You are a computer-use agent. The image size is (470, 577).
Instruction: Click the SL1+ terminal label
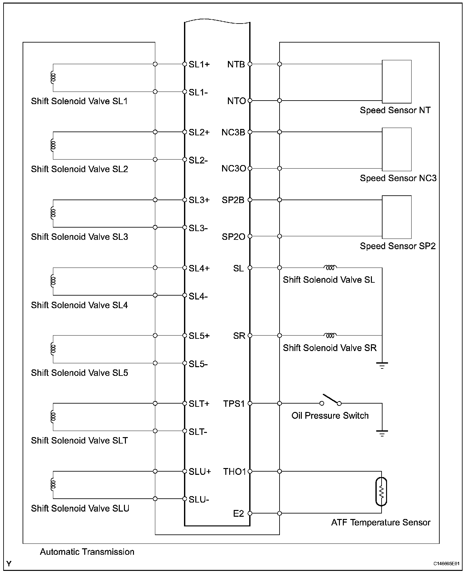tap(199, 64)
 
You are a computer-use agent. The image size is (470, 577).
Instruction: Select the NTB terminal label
tap(236, 64)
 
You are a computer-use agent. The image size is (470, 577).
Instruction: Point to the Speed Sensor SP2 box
tap(397, 217)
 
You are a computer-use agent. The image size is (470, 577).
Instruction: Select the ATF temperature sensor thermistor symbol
tap(381, 492)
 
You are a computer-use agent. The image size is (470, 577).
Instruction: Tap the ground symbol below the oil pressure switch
tap(382, 433)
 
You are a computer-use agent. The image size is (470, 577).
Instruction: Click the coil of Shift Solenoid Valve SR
tap(330, 336)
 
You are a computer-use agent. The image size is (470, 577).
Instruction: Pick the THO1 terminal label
tap(234, 472)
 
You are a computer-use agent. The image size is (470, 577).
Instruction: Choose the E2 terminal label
tap(239, 513)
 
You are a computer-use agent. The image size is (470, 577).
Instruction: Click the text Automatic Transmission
tap(87, 552)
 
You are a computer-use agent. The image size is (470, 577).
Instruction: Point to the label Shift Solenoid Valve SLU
tap(80, 508)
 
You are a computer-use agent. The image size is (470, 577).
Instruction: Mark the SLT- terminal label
tap(198, 432)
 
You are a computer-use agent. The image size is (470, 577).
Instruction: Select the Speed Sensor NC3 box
tap(397, 149)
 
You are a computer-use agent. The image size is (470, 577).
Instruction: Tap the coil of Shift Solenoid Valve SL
tap(330, 268)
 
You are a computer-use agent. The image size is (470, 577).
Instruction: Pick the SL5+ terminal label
tap(199, 336)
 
